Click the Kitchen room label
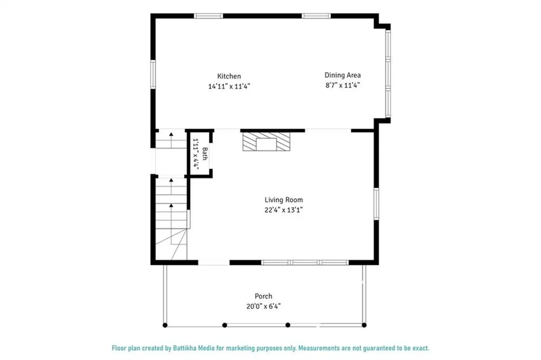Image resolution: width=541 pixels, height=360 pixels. (229, 76)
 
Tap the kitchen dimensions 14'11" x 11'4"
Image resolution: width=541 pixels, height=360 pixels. (229, 86)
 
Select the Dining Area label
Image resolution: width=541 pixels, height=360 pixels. (342, 75)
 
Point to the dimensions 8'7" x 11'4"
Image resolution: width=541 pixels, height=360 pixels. (342, 85)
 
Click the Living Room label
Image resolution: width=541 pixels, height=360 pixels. (284, 200)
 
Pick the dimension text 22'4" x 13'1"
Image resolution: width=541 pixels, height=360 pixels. (284, 209)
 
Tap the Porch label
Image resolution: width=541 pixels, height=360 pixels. (263, 296)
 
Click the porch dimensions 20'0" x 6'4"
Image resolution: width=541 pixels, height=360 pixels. (263, 306)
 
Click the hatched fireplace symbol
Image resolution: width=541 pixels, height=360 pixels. (267, 142)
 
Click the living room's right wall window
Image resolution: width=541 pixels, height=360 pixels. (376, 204)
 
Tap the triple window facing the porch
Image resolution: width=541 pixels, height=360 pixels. (305, 262)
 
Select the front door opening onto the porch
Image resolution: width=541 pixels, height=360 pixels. (213, 263)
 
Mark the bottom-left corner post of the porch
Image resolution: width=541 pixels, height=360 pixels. (165, 325)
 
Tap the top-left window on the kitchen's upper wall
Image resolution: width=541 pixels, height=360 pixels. (209, 16)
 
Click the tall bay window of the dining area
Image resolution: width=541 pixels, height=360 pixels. (388, 73)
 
